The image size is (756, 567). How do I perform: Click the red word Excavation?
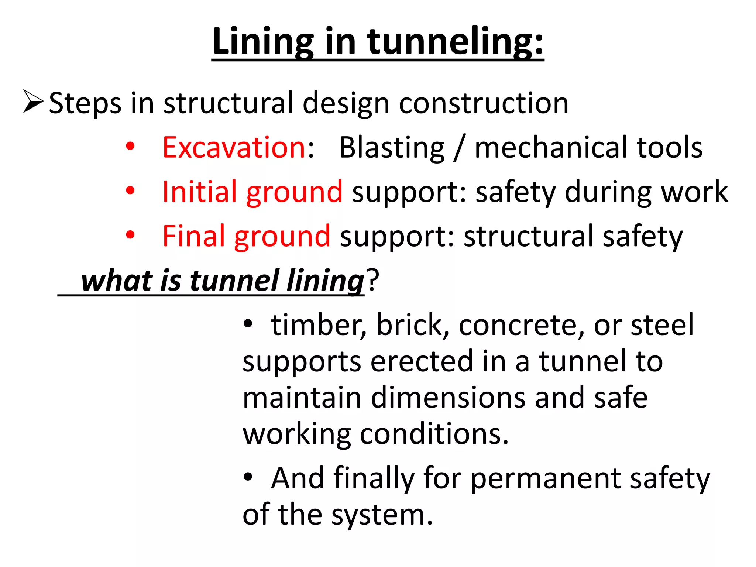point(234,147)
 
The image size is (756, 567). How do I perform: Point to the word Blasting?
point(392,147)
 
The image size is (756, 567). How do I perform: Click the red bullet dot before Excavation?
point(130,147)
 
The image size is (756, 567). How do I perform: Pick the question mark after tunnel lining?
point(372,281)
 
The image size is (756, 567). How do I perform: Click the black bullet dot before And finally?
point(248,477)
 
